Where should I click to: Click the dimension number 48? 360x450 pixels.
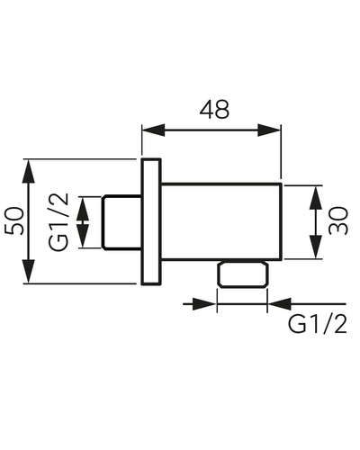click(x=214, y=109)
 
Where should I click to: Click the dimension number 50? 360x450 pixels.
click(x=13, y=221)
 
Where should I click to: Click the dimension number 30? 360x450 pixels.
click(x=338, y=220)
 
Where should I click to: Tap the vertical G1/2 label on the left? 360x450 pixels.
click(x=58, y=222)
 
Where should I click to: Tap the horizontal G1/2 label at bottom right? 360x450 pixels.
click(x=318, y=325)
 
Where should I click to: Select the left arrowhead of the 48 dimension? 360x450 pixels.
click(x=154, y=130)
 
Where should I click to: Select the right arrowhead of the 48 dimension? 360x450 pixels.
click(x=269, y=130)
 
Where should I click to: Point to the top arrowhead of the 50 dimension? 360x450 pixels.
click(x=29, y=171)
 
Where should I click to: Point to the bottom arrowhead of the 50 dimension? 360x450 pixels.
click(x=29, y=271)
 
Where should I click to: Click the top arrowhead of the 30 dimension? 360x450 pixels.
click(x=316, y=197)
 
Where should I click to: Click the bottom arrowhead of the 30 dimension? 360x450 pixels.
click(x=316, y=247)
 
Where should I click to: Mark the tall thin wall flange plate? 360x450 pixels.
click(x=151, y=221)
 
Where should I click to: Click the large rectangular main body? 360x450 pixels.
click(x=221, y=221)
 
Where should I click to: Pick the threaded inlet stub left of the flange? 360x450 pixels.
click(x=121, y=222)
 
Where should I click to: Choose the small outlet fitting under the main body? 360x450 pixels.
click(x=243, y=274)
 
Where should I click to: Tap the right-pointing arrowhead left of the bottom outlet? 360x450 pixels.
click(x=204, y=304)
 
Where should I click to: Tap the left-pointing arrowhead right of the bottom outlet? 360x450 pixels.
click(x=280, y=304)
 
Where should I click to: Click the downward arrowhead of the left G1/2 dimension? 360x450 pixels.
click(x=83, y=236)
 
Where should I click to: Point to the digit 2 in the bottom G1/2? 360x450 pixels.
click(x=340, y=325)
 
